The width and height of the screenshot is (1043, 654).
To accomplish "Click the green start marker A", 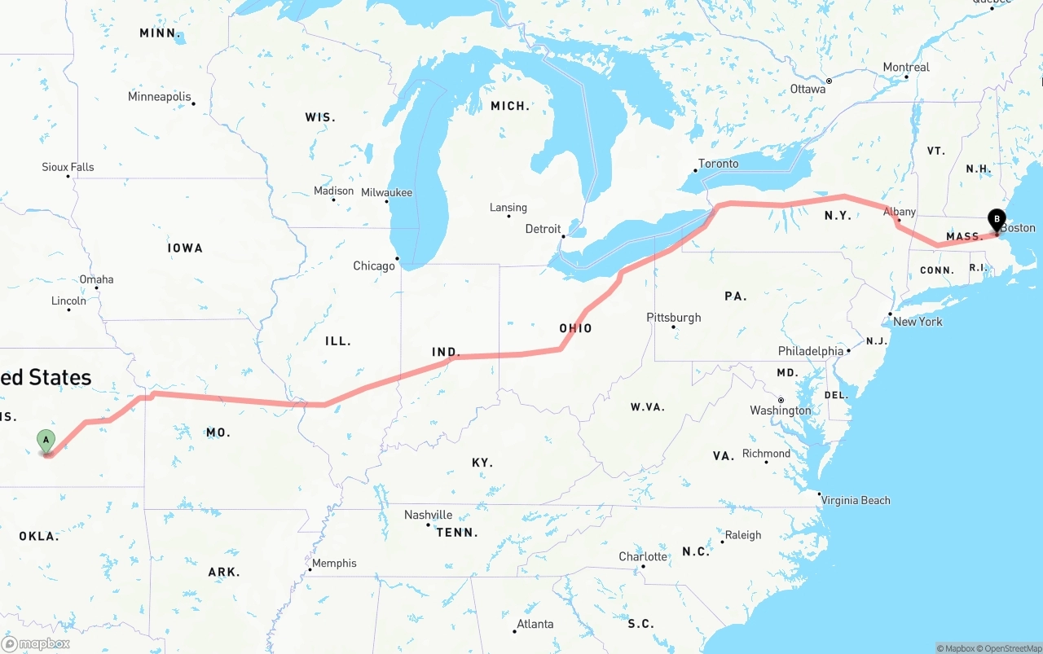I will pyautogui.click(x=46, y=441).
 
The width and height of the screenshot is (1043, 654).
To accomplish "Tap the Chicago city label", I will pyautogui.click(x=374, y=266).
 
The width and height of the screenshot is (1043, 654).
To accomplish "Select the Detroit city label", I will pyautogui.click(x=543, y=229).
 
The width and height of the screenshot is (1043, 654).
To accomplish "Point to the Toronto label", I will pyautogui.click(x=719, y=164).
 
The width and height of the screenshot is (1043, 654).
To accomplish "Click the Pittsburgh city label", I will pyautogui.click(x=673, y=318).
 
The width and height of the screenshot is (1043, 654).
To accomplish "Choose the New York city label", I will pyautogui.click(x=918, y=322).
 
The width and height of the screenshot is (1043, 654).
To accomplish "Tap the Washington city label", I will pyautogui.click(x=781, y=410).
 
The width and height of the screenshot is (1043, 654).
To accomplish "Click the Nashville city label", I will pyautogui.click(x=429, y=515).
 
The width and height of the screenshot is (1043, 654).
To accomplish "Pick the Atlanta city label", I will pyautogui.click(x=535, y=625).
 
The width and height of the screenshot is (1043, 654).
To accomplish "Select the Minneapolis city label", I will pyautogui.click(x=160, y=97).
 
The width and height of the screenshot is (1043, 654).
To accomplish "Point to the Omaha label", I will pyautogui.click(x=96, y=279).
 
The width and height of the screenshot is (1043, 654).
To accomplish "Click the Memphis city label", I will pyautogui.click(x=334, y=563).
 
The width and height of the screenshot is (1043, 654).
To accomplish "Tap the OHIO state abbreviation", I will pyautogui.click(x=575, y=328).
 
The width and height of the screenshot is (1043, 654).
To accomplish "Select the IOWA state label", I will pyautogui.click(x=185, y=248).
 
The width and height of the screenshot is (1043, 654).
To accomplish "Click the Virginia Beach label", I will pyautogui.click(x=856, y=500).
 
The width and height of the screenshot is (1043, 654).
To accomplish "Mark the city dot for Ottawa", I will pyautogui.click(x=829, y=81).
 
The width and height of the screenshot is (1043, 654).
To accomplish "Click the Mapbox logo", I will pyautogui.click(x=36, y=643).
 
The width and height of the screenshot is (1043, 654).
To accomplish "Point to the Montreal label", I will pyautogui.click(x=906, y=67).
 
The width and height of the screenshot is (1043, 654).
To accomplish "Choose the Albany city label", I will pyautogui.click(x=900, y=212).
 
